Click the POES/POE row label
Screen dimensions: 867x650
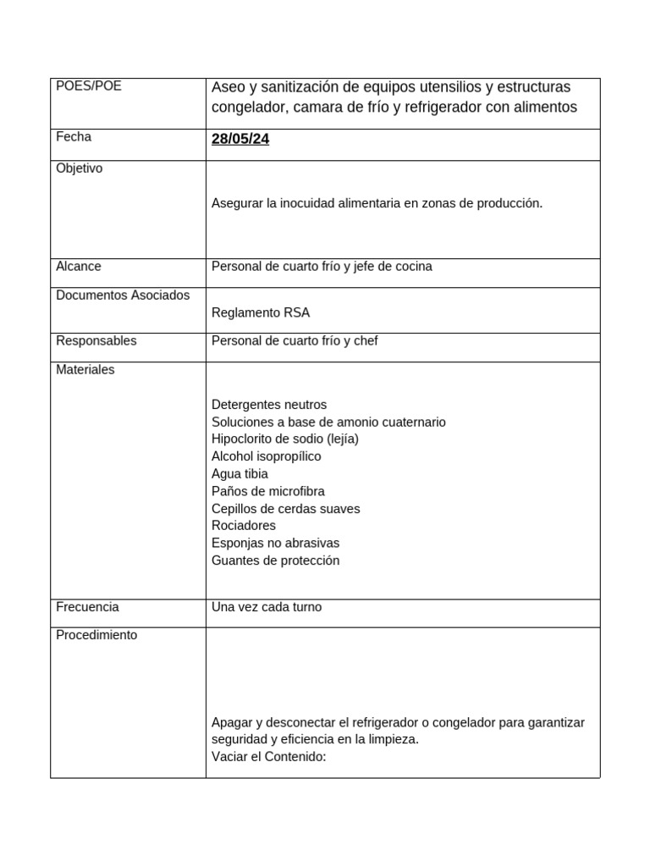coord(88,86)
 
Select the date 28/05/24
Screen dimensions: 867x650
coord(240,139)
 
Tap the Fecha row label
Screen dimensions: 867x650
coord(74,136)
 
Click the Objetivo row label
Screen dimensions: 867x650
coord(79,168)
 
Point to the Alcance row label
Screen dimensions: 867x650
coord(78,266)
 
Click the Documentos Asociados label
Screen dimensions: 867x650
coord(123,295)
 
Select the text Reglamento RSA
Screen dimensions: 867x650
coord(261,312)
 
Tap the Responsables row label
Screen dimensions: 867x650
coord(96,340)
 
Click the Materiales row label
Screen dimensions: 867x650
coord(85,369)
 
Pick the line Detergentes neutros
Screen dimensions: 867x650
coord(269,405)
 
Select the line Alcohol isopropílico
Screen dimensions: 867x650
coord(267,456)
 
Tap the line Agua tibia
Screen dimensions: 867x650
coord(240,474)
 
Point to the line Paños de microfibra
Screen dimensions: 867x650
coord(268,491)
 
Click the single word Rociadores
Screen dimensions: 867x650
coord(244,526)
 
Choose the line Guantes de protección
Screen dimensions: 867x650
coord(275,561)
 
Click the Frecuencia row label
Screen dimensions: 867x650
coord(87,607)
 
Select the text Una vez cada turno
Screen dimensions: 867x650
coord(267,607)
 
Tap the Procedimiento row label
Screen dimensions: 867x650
coord(96,635)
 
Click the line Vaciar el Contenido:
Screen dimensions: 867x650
coord(269,757)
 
